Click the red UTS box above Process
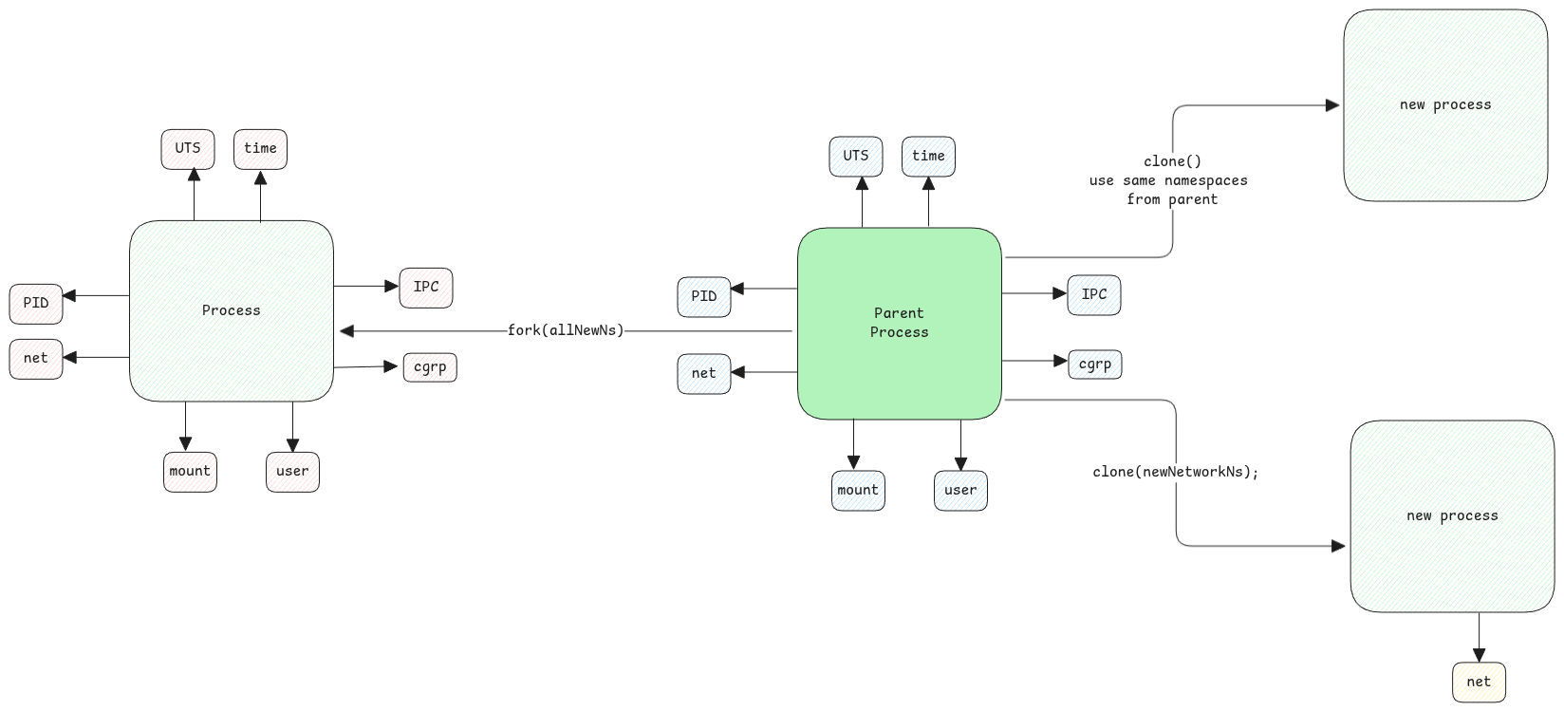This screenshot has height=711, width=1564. tap(188, 149)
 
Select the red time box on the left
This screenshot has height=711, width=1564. tap(260, 149)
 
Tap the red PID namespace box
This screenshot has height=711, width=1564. tap(36, 303)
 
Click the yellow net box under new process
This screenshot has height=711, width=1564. tap(1479, 682)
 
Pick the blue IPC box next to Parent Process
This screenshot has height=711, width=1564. tap(1094, 294)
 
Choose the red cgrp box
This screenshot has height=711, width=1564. tap(430, 367)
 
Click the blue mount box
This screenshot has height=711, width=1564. tap(858, 491)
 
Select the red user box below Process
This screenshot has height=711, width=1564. tap(292, 472)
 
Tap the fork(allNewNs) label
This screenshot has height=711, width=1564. tap(566, 330)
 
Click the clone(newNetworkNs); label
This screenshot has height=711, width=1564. tap(1175, 472)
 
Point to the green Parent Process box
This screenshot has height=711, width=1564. tap(899, 323)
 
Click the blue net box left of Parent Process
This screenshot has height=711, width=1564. tap(704, 373)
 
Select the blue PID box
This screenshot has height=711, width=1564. tap(704, 296)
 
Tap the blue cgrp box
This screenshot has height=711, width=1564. tap(1094, 365)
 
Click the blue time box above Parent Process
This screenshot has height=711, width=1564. tap(928, 157)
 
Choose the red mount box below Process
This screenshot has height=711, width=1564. tap(190, 472)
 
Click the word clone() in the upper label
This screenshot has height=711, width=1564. tap(1172, 161)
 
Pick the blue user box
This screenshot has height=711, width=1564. tap(960, 491)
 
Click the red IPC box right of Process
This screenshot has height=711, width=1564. tap(426, 288)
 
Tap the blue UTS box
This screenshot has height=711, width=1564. tap(856, 157)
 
